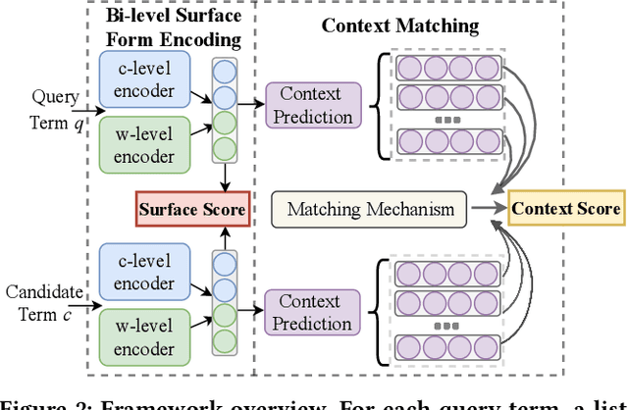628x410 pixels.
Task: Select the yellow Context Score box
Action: (x=565, y=208)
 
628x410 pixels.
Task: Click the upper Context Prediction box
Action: (x=316, y=105)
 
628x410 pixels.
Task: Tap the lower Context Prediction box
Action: (x=316, y=312)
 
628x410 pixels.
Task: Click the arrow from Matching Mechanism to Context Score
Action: (x=487, y=209)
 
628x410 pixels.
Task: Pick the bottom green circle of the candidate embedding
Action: (x=226, y=340)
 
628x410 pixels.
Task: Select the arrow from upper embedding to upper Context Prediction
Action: (x=252, y=105)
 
